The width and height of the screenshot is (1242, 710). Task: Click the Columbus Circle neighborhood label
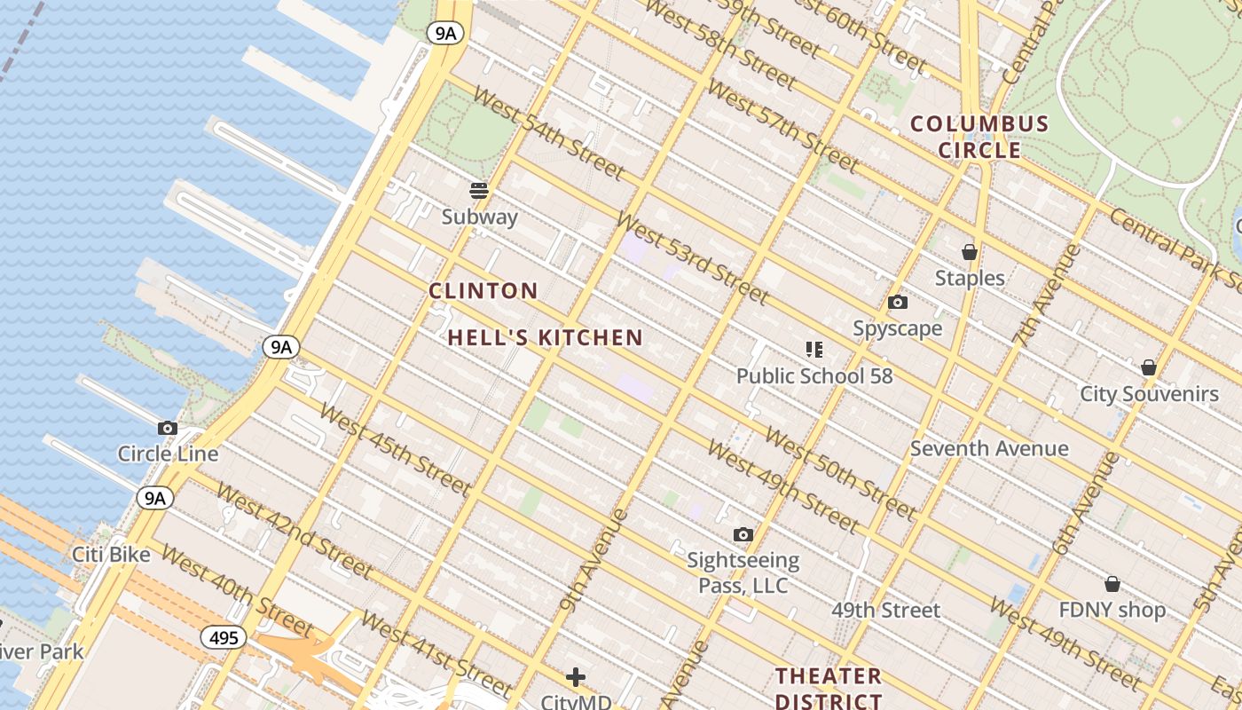(979, 137)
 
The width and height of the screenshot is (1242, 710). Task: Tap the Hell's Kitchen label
(545, 337)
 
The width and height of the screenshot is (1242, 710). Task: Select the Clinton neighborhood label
(483, 290)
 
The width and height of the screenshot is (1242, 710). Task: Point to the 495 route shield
(223, 637)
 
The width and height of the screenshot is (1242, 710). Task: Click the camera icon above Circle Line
(168, 429)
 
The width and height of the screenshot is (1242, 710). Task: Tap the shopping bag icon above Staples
(970, 253)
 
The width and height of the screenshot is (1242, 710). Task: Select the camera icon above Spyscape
(898, 303)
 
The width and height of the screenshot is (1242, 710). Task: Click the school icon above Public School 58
(814, 350)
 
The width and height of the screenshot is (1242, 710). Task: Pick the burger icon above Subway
(479, 191)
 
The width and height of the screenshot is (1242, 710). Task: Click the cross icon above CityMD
(576, 678)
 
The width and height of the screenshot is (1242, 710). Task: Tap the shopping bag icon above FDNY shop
(1112, 584)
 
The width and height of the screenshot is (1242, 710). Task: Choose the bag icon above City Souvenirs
(1149, 367)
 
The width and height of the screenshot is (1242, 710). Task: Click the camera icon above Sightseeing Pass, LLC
(743, 534)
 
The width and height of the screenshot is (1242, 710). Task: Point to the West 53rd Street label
(691, 258)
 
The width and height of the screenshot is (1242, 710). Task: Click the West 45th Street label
(395, 449)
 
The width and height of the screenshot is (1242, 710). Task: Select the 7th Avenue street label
(1048, 294)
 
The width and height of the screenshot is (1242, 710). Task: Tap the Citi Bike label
(111, 555)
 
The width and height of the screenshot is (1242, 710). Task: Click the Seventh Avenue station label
(989, 448)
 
